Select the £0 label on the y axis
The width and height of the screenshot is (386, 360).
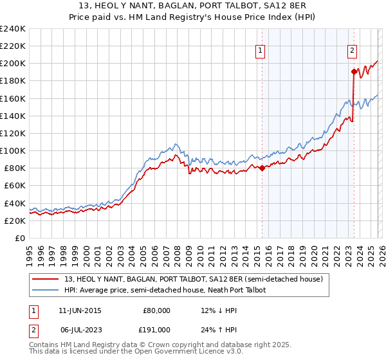click(19, 238)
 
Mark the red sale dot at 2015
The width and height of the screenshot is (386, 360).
click(262, 168)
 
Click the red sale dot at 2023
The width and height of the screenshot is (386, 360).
click(354, 71)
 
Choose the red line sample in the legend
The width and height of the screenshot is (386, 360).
click(46, 278)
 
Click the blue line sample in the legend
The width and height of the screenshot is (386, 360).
click(46, 290)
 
